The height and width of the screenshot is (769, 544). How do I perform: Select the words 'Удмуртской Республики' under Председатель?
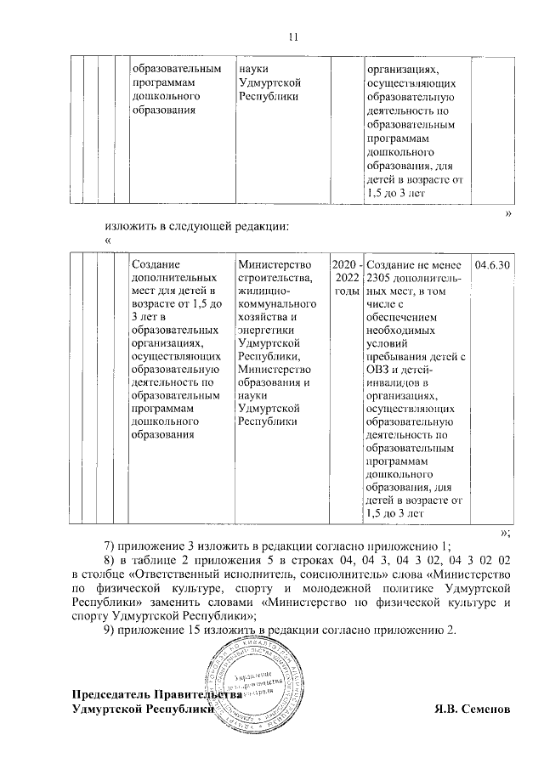[x=141, y=707]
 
